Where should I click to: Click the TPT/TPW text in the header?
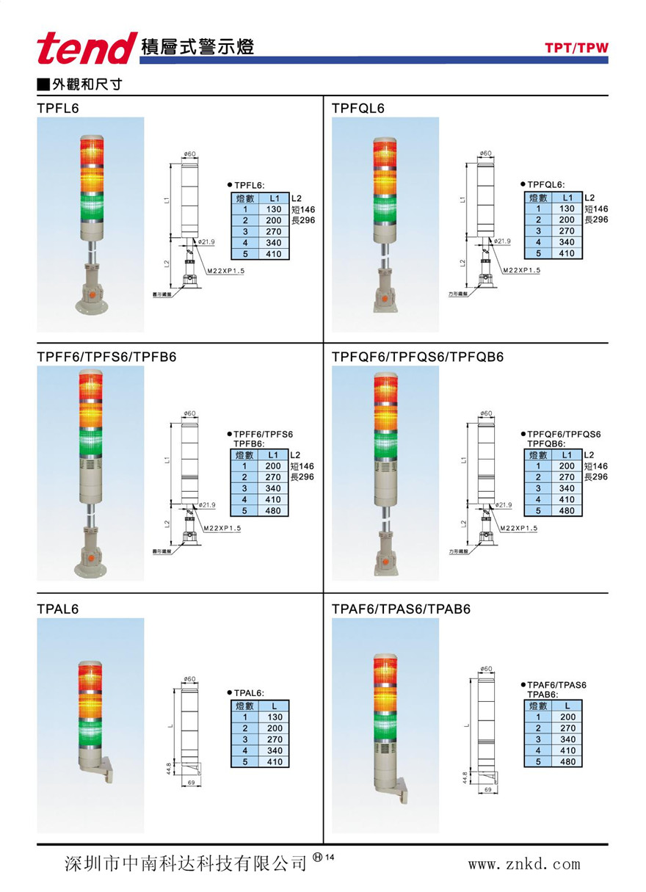(576, 49)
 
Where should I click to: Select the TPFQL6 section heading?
(358, 109)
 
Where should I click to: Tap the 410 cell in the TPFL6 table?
(274, 254)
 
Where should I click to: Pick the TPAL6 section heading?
(57, 609)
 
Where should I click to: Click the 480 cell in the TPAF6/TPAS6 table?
(567, 762)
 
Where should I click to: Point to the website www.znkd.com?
(524, 864)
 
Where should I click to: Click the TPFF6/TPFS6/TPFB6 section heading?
(106, 358)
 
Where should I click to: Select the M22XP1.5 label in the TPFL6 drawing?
(224, 271)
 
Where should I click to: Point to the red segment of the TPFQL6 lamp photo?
(385, 154)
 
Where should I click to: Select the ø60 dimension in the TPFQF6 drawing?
(484, 413)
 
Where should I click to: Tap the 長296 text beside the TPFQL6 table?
(596, 220)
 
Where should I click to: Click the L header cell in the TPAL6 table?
(274, 706)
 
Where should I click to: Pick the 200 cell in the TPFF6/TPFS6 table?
(274, 466)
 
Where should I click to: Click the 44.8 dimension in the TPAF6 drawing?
(465, 777)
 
